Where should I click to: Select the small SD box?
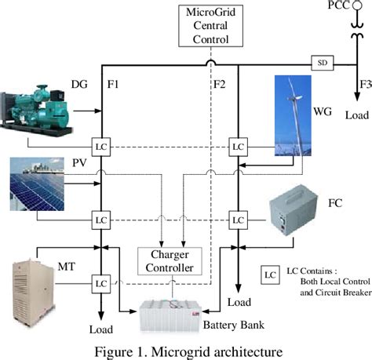click(321, 62)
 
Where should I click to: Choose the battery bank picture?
click(184, 318)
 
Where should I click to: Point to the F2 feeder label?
click(221, 83)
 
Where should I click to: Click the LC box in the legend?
click(269, 275)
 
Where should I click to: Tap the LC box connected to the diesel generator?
click(100, 146)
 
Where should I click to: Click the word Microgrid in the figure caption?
click(194, 348)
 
